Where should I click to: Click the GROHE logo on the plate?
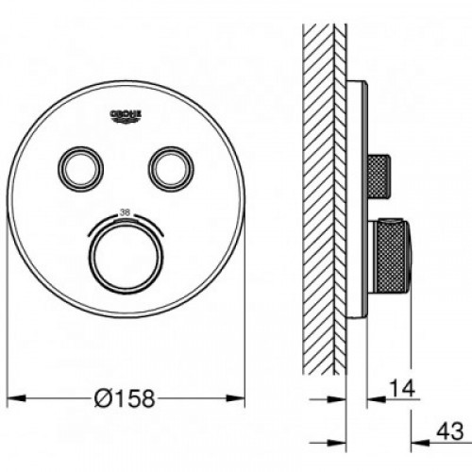pyautogui.click(x=126, y=115)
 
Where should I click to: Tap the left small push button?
pyautogui.click(x=80, y=169)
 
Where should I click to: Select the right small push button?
pyautogui.click(x=171, y=169)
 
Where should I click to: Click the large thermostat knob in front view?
pyautogui.click(x=126, y=257)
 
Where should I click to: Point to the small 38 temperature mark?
pyautogui.click(x=125, y=212)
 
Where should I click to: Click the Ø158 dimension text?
pyautogui.click(x=125, y=398)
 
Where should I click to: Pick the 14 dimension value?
pyautogui.click(x=402, y=388)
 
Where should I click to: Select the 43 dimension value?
pyautogui.click(x=450, y=431)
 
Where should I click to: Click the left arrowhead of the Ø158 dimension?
pyautogui.click(x=16, y=398)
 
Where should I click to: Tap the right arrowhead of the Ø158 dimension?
pyautogui.click(x=236, y=398)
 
